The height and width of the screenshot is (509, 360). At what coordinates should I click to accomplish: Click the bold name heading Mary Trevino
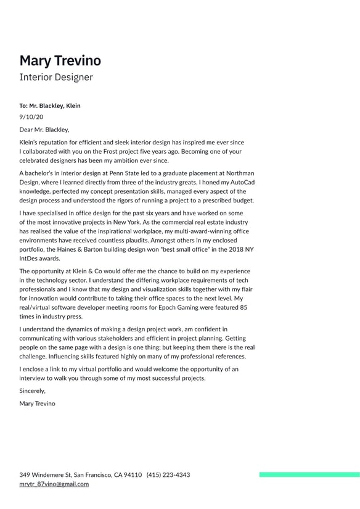(60, 60)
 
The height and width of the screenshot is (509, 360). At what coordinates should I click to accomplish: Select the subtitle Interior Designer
(56, 78)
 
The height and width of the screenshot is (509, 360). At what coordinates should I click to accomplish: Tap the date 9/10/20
(31, 117)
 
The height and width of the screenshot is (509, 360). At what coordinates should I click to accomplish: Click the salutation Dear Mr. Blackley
(44, 130)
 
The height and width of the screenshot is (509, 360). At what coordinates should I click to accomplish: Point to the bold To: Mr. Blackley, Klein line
(50, 106)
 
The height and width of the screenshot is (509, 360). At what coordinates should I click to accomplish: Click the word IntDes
(30, 259)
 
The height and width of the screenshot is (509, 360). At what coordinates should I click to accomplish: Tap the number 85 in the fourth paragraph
(243, 307)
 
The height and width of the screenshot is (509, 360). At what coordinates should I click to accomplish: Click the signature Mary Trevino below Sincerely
(37, 403)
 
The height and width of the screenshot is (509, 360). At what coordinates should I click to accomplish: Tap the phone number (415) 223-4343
(168, 475)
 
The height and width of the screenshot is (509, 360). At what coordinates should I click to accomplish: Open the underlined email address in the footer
(54, 484)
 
